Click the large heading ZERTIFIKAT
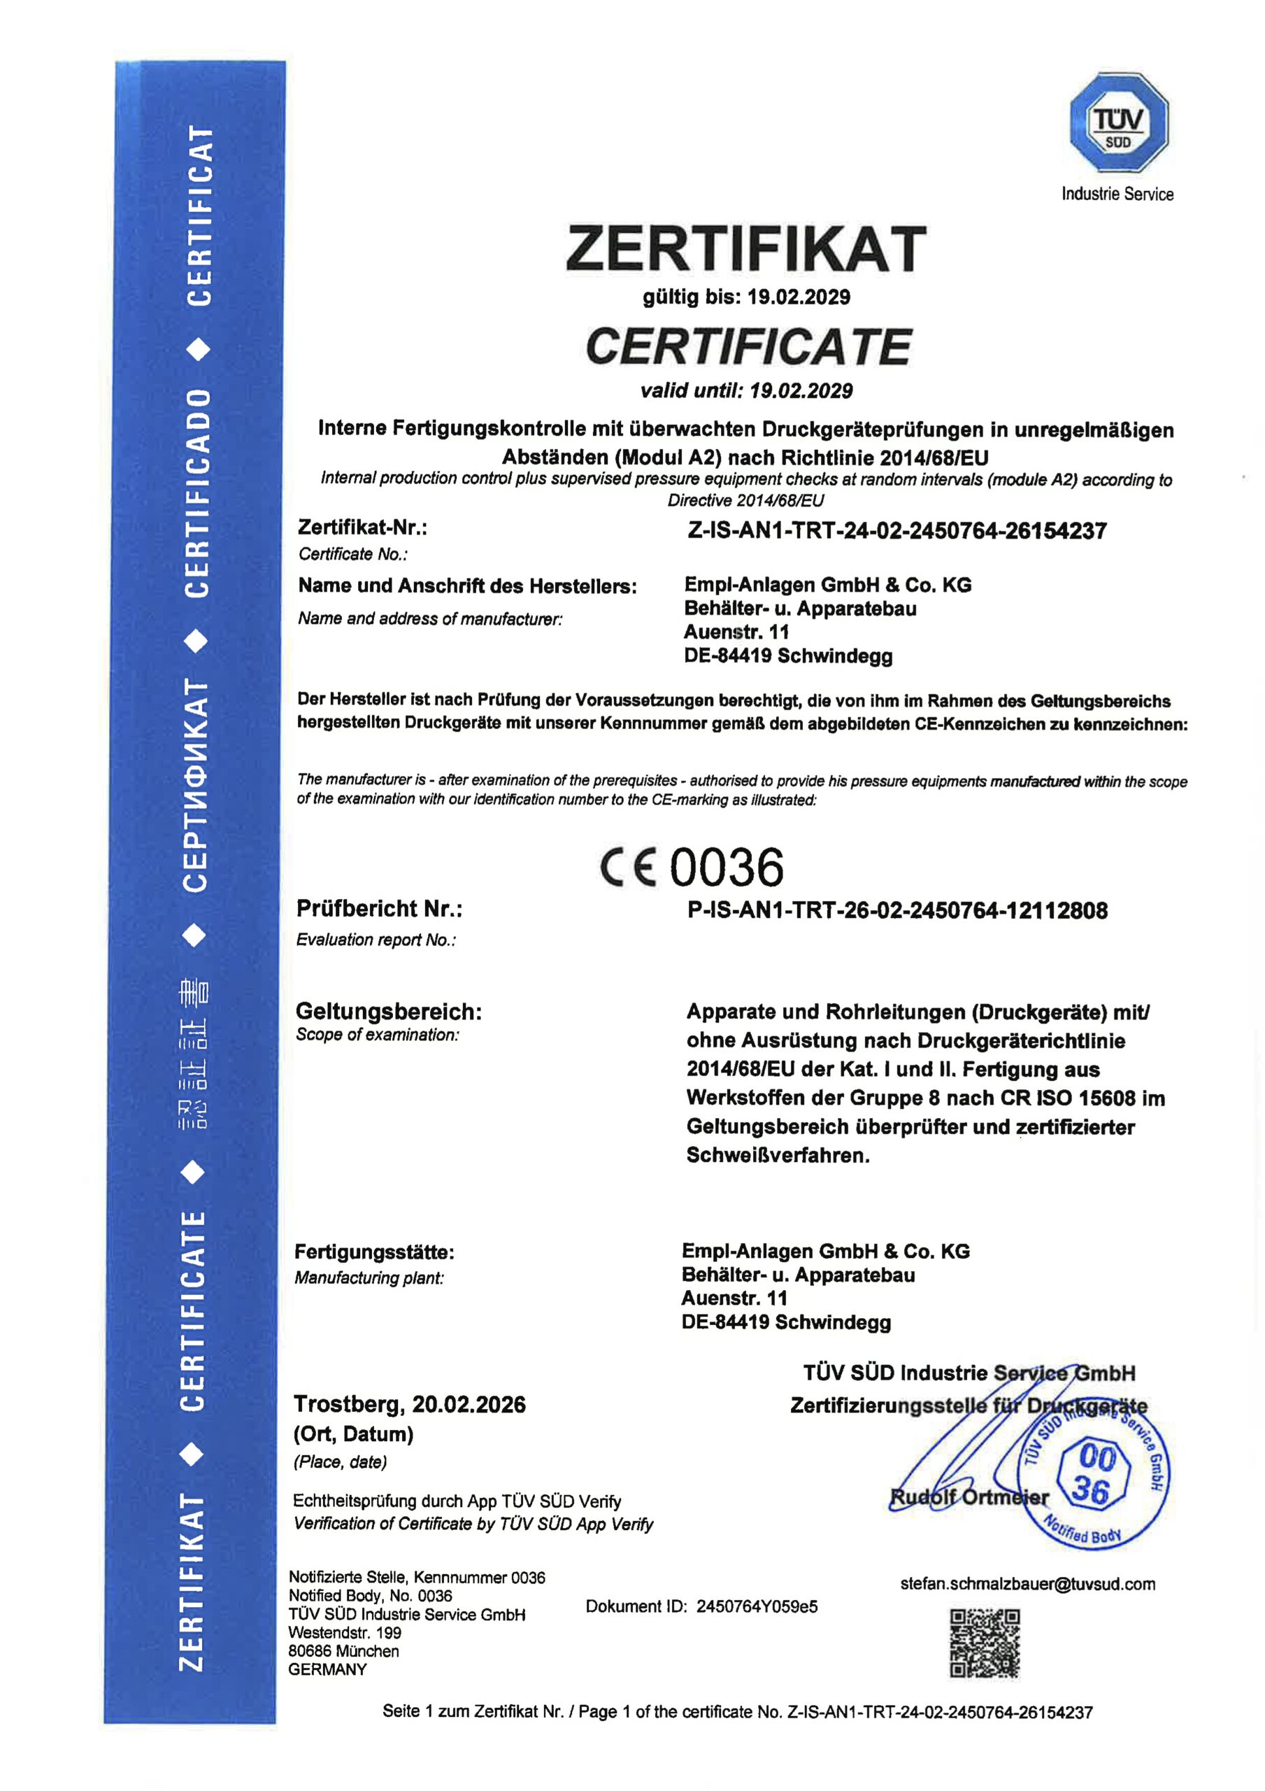point(745,249)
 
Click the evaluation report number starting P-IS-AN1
point(897,910)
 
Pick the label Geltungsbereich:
point(388,1012)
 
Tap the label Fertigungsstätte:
point(374,1253)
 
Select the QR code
point(984,1643)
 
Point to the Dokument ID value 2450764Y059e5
point(757,1607)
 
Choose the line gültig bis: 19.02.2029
point(745,297)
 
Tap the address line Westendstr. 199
point(345,1633)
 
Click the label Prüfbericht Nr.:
point(379,909)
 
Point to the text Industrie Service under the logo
point(1117,194)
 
